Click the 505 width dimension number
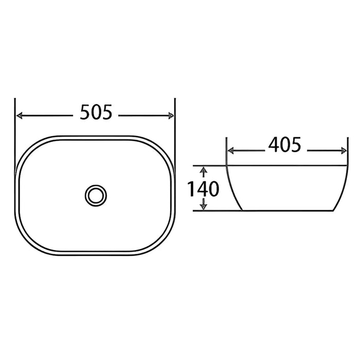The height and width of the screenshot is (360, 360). coord(96,112)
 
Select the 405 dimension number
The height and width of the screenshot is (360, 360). coord(285,145)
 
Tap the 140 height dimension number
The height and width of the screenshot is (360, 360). coord(204,189)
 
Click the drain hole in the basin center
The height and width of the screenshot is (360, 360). coord(96,195)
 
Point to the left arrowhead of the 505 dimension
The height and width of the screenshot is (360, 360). coord(20,116)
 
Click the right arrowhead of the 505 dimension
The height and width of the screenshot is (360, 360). coord(171,116)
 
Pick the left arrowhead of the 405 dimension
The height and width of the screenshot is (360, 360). coord(231,151)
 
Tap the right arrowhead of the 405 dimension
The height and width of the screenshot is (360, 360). coord(344,151)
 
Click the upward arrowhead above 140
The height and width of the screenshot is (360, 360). coord(204,170)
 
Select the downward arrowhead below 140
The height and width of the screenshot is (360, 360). coord(204,206)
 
